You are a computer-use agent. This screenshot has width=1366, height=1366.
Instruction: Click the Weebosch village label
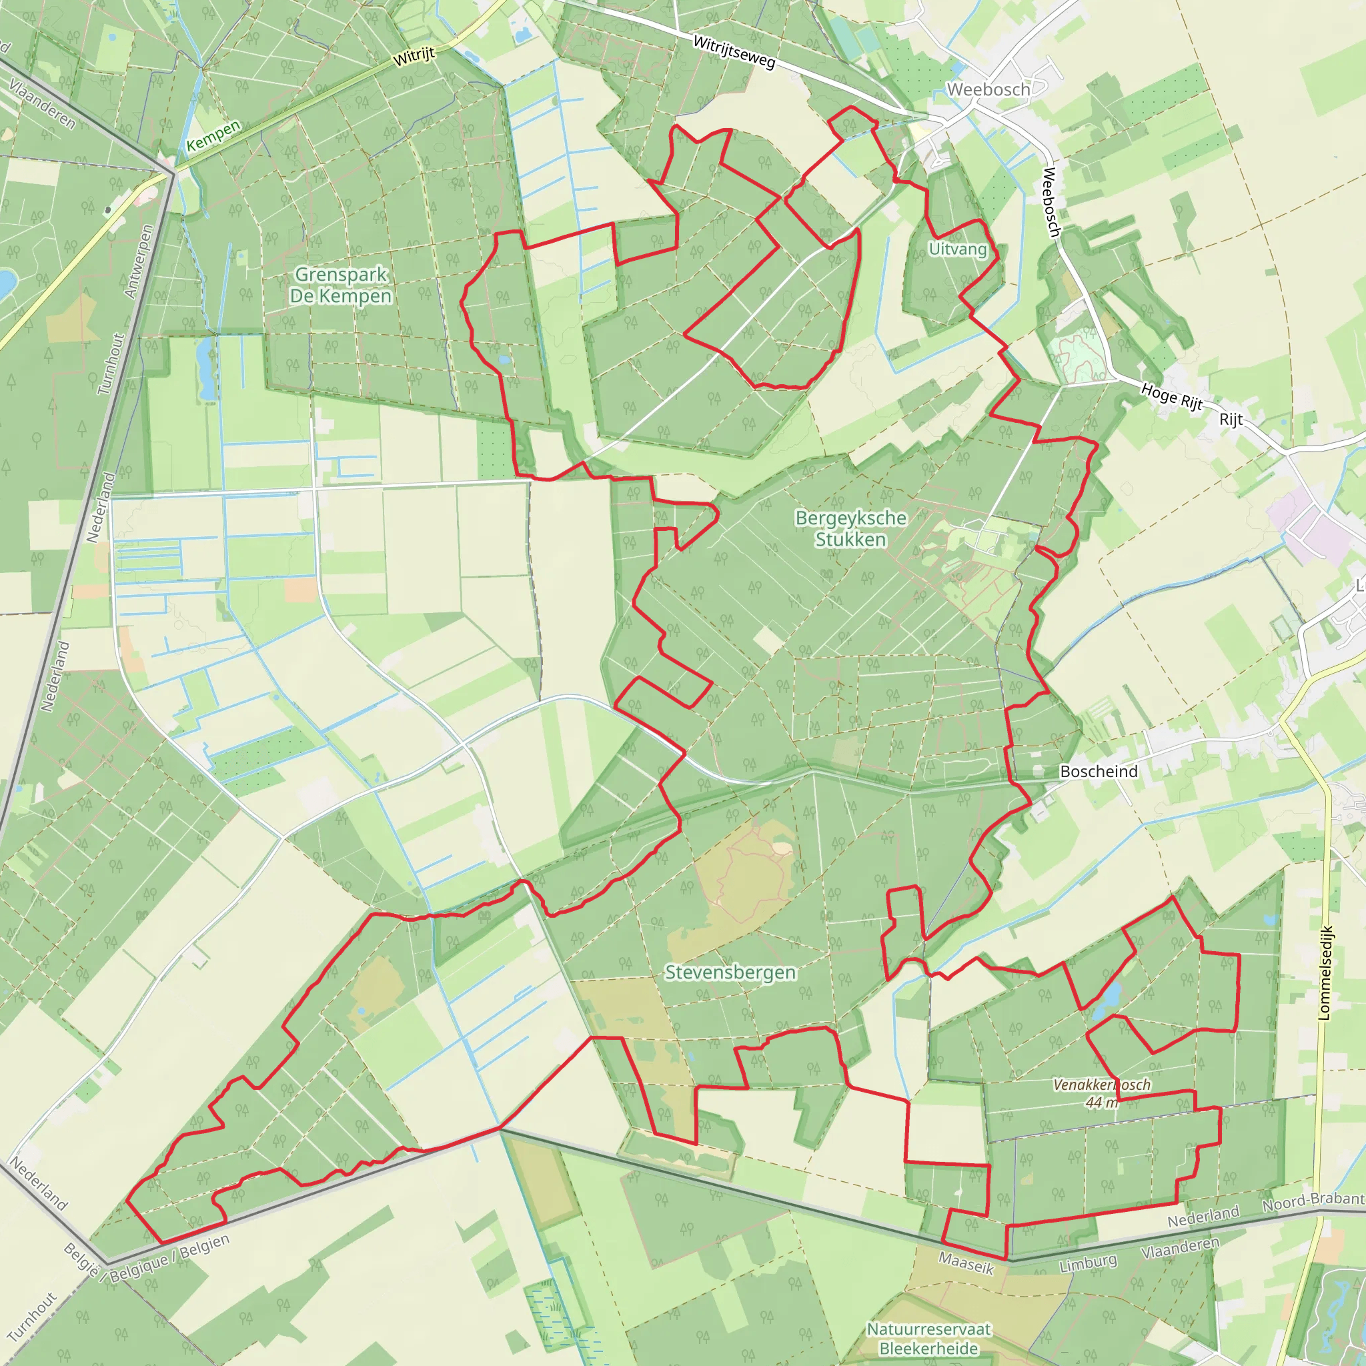click(x=988, y=90)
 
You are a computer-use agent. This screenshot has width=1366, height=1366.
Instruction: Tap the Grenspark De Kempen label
click(x=341, y=285)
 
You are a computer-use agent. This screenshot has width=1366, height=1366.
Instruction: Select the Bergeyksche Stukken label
click(x=850, y=528)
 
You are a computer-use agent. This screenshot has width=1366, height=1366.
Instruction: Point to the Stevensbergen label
click(x=730, y=972)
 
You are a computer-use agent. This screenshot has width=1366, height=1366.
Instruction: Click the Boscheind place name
click(x=1099, y=772)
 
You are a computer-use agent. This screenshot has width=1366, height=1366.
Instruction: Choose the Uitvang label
click(x=957, y=249)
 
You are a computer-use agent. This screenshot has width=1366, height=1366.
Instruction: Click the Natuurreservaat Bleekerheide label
click(x=929, y=1339)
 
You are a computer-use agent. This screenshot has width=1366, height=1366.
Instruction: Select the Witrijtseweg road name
click(x=734, y=52)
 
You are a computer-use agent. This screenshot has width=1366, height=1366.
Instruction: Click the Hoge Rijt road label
click(x=1171, y=396)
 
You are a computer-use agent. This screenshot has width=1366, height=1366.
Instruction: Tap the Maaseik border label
click(x=966, y=1263)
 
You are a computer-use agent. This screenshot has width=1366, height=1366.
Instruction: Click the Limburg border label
click(x=1088, y=1263)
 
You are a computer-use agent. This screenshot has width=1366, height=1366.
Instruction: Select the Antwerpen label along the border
click(x=139, y=261)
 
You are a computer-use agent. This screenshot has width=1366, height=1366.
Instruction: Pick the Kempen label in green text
click(x=213, y=137)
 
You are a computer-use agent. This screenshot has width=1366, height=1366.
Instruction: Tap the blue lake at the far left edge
click(x=5, y=283)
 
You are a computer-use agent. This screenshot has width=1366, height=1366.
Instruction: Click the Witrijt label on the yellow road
click(x=414, y=57)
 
